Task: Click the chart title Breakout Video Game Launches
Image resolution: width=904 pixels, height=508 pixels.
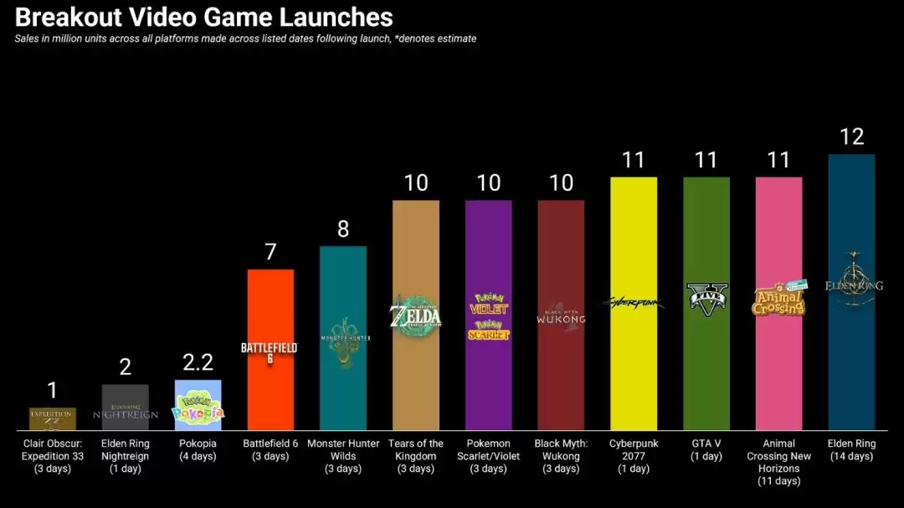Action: (204, 17)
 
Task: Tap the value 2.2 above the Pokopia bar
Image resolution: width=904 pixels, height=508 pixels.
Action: (198, 362)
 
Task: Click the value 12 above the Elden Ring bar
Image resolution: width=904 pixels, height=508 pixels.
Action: (851, 136)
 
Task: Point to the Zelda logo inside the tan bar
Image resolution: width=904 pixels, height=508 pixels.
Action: (415, 316)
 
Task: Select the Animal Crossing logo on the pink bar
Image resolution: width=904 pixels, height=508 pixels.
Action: (778, 299)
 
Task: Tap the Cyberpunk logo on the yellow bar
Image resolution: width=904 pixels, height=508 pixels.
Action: (634, 301)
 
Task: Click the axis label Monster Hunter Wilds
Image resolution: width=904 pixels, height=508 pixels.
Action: (343, 455)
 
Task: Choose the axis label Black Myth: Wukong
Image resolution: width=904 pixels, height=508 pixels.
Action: (561, 455)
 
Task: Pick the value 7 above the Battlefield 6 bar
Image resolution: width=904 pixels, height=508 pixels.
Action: (270, 252)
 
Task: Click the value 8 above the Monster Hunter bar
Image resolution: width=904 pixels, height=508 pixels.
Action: (343, 229)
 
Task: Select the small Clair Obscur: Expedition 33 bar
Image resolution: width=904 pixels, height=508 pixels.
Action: (52, 418)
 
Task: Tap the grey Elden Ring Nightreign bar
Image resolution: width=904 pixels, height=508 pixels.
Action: (125, 407)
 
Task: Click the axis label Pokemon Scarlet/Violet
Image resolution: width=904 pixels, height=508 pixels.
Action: (488, 455)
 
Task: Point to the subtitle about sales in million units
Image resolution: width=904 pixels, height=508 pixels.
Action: (245, 38)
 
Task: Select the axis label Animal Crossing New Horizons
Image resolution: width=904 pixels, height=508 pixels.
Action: (778, 462)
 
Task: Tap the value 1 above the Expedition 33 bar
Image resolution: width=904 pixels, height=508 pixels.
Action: (52, 390)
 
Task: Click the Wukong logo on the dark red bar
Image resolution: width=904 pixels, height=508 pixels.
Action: (561, 316)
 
